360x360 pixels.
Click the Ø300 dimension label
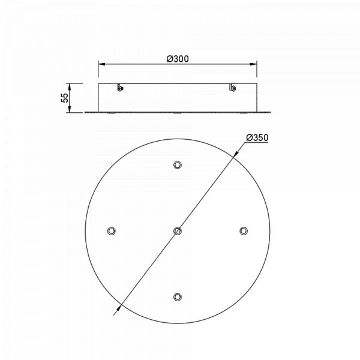(178, 59)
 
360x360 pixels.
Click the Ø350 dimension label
(257, 137)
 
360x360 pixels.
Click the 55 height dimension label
(65, 98)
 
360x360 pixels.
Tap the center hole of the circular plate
(177, 231)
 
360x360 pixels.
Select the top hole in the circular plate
(178, 164)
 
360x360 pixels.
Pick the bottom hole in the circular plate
(177, 296)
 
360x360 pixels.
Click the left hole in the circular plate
(112, 231)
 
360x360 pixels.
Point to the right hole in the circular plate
(244, 231)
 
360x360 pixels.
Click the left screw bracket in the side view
(119, 87)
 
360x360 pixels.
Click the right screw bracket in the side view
(232, 87)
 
